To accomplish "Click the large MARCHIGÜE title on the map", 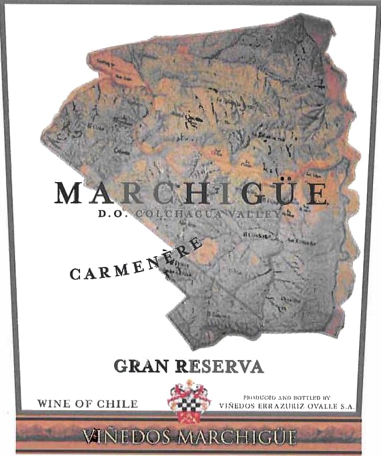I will [x=191, y=194].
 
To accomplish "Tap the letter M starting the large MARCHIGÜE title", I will [x=69, y=194].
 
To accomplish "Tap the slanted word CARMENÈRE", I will [x=136, y=259].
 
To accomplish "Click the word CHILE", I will [x=117, y=404].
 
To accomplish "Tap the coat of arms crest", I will [x=189, y=401].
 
